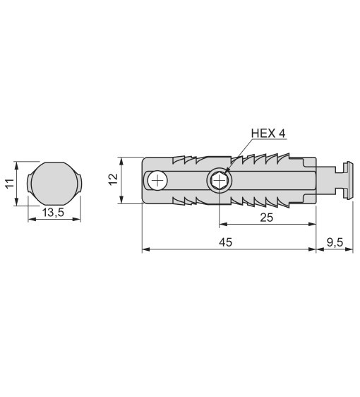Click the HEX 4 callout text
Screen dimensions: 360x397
point(268,134)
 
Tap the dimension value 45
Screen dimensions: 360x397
point(225,242)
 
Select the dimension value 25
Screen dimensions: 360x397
point(267,218)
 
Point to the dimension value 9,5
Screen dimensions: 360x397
point(335,242)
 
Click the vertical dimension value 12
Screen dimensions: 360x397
point(114,179)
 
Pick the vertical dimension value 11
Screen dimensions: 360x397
point(10,183)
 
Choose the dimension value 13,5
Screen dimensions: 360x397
point(53,213)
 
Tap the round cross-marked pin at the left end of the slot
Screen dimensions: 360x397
point(157,181)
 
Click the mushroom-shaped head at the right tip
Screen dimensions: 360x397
point(349,180)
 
